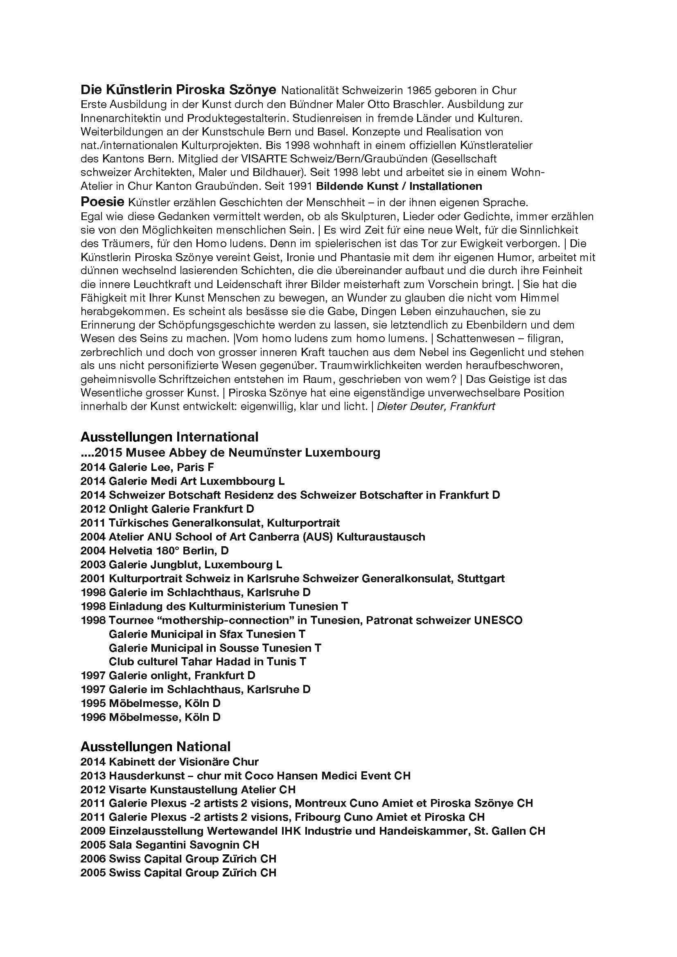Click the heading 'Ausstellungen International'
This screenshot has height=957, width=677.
[169, 437]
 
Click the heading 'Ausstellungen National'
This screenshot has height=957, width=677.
[155, 747]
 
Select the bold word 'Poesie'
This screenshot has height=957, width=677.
[103, 202]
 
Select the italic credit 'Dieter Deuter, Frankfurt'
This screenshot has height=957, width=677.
[436, 406]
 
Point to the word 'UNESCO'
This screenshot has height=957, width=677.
[498, 620]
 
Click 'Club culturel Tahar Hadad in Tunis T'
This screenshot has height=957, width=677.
[207, 662]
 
